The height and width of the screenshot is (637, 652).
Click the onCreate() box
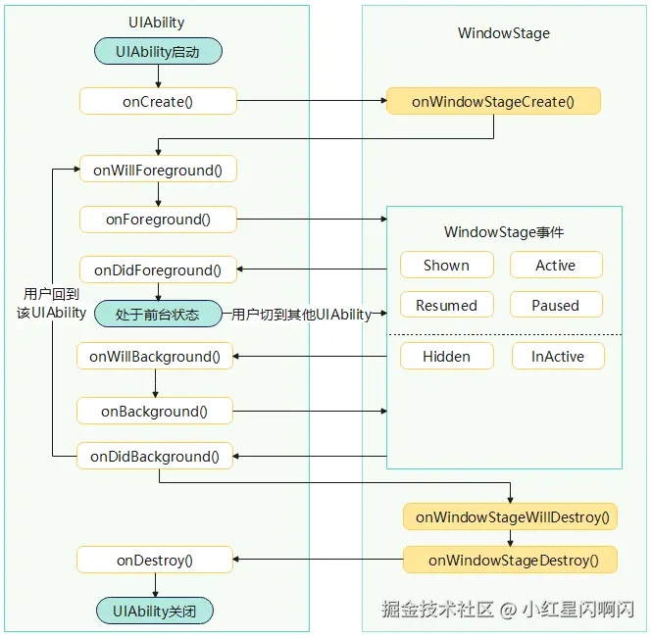click(158, 101)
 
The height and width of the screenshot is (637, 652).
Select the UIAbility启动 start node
click(158, 51)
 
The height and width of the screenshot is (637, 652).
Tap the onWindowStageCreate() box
click(493, 101)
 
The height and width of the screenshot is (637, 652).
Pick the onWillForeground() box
click(158, 170)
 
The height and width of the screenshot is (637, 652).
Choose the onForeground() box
click(158, 219)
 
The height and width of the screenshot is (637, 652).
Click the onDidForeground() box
click(158, 269)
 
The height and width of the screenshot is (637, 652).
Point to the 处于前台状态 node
click(158, 314)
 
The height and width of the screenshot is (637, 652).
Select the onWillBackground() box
click(155, 356)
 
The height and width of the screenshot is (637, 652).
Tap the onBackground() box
click(155, 411)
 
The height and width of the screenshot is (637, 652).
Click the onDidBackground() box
click(155, 456)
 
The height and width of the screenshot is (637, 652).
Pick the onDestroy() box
click(155, 560)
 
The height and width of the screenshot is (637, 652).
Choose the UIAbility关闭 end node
click(155, 611)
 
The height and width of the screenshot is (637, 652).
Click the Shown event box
click(447, 265)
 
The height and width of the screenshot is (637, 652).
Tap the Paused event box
click(556, 305)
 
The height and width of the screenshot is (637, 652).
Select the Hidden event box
click(447, 356)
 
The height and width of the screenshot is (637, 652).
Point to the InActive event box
click(558, 356)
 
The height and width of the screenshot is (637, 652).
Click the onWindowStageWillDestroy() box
click(510, 516)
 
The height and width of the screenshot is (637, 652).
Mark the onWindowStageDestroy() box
click(510, 560)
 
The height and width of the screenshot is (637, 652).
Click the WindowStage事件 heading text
click(504, 232)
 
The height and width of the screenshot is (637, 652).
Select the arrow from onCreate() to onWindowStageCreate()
click(312, 101)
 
